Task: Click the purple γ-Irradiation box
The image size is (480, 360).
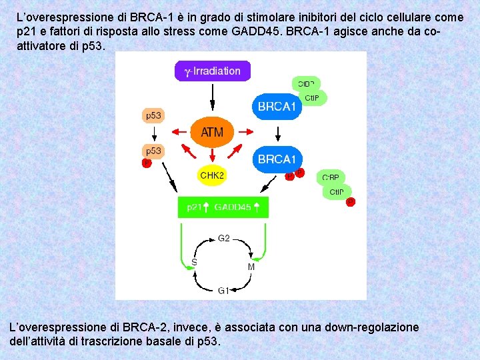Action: click(212, 71)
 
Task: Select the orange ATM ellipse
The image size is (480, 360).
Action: click(212, 132)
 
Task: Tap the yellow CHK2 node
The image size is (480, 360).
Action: click(212, 175)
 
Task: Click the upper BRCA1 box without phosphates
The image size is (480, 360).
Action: click(277, 107)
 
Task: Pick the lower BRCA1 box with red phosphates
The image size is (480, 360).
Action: click(277, 159)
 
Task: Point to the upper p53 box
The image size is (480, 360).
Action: click(153, 115)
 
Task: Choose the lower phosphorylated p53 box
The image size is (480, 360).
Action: click(153, 151)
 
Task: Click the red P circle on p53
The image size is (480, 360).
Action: click(147, 163)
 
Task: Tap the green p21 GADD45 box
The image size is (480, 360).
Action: click(223, 207)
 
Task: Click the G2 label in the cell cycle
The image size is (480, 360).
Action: click(224, 238)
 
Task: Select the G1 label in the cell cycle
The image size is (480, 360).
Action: click(224, 290)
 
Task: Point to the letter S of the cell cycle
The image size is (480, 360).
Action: click(194, 263)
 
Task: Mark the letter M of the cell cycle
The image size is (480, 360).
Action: click(251, 267)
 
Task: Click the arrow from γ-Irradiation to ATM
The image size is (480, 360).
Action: click(212, 97)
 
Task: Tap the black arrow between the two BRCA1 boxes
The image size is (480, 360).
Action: click(277, 133)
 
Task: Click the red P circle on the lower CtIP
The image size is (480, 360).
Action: click(350, 201)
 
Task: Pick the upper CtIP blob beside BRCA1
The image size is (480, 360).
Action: click(312, 98)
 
